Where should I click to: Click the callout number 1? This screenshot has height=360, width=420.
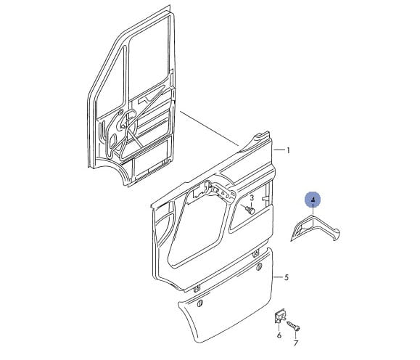(288, 150)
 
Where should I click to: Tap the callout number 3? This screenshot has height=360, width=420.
(252, 198)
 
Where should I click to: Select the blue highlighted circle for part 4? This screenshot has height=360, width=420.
(313, 200)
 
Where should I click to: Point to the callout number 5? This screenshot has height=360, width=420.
(287, 277)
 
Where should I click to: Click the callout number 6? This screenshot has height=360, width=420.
(279, 335)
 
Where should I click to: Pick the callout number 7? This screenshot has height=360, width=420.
(296, 343)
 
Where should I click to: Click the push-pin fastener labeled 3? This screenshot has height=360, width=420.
(250, 209)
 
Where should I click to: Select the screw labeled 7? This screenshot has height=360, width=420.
(293, 326)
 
